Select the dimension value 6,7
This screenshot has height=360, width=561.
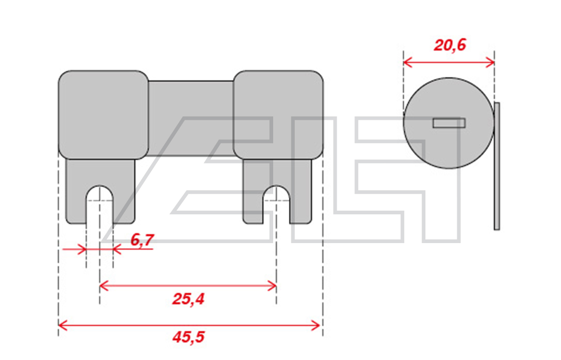[142, 240]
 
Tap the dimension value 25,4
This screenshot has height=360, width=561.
[188, 299]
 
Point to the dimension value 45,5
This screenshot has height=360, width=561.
[188, 337]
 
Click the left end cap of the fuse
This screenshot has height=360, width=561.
[103, 115]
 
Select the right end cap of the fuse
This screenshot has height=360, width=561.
[278, 115]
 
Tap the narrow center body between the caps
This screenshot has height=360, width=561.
[191, 118]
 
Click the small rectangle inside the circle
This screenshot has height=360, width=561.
[449, 123]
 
